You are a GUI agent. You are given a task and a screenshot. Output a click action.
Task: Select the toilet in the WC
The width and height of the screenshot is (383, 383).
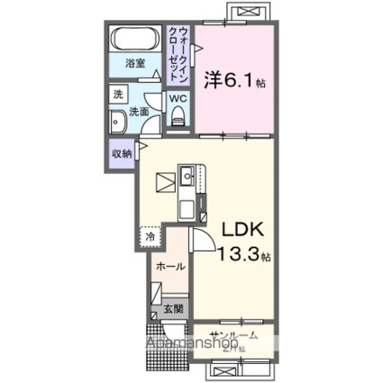coord(178,114)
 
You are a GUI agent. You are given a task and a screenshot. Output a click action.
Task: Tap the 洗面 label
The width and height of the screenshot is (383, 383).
coord(140,113)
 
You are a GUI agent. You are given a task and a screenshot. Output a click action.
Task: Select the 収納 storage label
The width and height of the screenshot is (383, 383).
coord(120,152)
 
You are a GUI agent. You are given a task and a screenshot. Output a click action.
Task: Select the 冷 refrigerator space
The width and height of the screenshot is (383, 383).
coord(150,237)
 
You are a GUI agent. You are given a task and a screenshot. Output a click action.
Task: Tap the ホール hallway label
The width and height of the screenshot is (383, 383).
coord(170,267)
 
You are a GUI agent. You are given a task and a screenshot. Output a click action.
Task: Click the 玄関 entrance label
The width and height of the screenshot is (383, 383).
coord(174,309)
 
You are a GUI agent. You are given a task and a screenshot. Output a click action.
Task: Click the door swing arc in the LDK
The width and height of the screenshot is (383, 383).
coord(202,240)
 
